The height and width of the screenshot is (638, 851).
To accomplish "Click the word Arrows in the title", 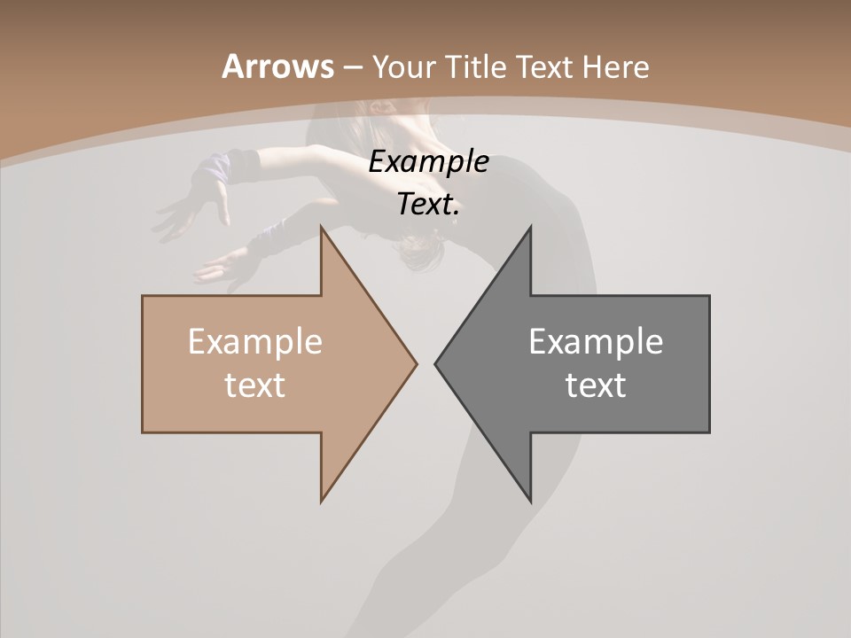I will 277,66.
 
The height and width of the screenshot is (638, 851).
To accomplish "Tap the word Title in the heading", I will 480,66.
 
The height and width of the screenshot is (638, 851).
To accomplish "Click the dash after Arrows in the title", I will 352,67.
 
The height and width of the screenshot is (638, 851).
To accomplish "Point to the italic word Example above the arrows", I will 428,162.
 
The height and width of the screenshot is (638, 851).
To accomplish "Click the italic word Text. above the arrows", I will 428,205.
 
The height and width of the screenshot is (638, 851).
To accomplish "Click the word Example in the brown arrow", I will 254,342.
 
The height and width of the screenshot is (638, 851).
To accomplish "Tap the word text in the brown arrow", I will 254,385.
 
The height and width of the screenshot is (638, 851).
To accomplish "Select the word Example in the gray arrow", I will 596,342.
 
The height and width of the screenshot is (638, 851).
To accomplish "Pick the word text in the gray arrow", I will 596,385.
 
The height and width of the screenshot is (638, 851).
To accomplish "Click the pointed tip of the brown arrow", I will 416,363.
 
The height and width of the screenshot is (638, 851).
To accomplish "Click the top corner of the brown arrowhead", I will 322,227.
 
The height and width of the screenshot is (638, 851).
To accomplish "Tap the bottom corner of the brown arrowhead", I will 322,501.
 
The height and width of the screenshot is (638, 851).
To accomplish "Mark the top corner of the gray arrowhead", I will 530,227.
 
